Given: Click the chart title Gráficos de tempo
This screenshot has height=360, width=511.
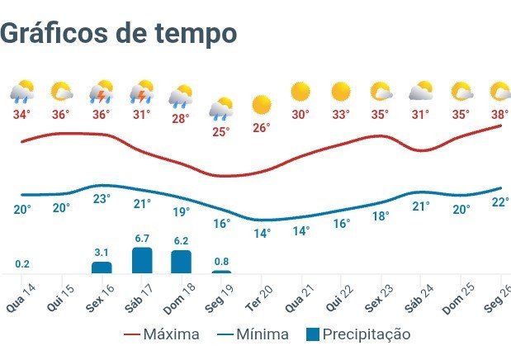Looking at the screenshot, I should coord(119,33).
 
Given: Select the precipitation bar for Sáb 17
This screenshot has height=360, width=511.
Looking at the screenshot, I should coord(142,260).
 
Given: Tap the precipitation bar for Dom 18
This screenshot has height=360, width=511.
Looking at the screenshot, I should coord(181,261).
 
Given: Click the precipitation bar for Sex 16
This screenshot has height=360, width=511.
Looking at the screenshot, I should coord(102,268).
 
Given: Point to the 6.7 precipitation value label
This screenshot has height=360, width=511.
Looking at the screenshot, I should coord(141,239).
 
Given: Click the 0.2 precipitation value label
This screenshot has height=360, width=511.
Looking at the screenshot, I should coord(22,264).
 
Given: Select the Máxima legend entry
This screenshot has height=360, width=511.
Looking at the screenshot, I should coord(162,334).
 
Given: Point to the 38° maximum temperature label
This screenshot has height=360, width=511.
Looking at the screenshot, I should coord(499,115).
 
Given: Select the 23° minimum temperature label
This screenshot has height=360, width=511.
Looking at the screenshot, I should coord(102,199).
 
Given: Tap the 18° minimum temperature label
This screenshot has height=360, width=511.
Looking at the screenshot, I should coord(380,216).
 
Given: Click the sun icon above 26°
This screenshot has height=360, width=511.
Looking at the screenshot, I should coord(262,105).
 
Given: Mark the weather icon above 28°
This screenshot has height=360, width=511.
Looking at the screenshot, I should coord(181,96).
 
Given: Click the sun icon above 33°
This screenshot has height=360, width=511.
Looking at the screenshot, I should coord(341,91).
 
